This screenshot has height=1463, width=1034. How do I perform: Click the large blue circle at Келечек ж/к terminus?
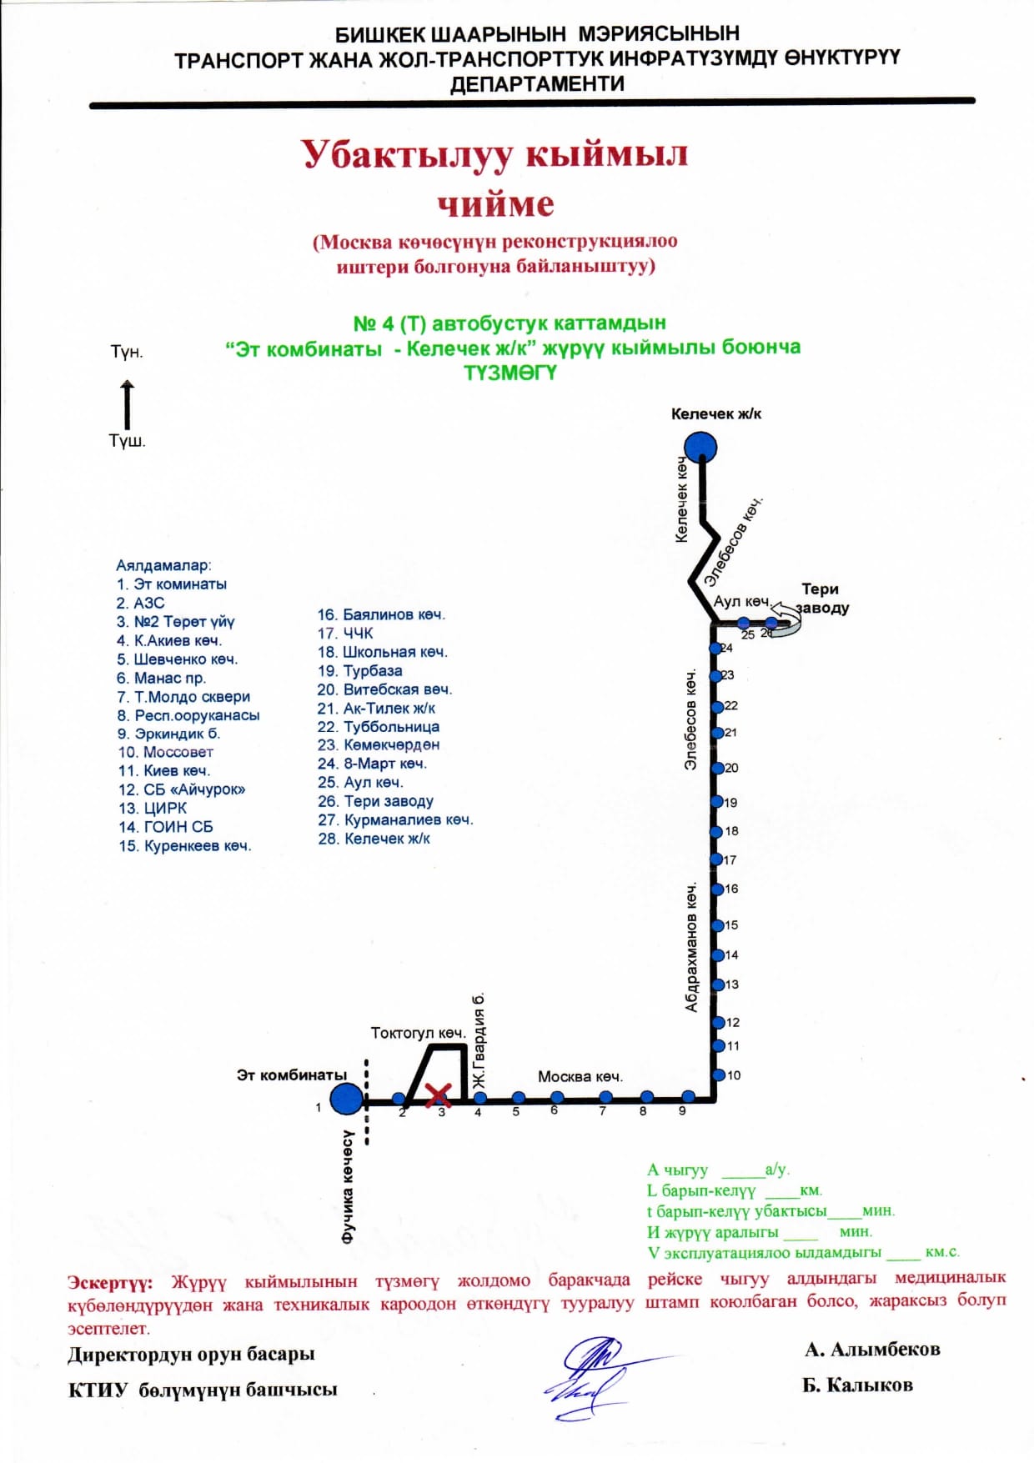click(x=701, y=448)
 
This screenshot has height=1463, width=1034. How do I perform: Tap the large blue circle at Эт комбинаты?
click(x=347, y=1099)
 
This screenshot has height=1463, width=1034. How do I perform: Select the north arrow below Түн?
click(x=127, y=404)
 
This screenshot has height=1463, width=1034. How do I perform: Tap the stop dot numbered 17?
click(x=715, y=859)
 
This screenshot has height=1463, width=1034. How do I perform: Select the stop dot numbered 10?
click(x=717, y=1075)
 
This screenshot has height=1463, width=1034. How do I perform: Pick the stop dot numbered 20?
click(x=716, y=768)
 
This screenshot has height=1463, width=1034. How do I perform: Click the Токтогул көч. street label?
click(x=418, y=1033)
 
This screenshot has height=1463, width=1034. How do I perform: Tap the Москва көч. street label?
click(x=580, y=1076)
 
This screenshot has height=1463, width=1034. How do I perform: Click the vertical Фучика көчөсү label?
click(x=349, y=1187)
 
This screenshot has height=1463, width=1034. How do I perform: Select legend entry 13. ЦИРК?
click(x=153, y=808)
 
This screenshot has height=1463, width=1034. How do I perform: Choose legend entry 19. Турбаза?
click(x=359, y=671)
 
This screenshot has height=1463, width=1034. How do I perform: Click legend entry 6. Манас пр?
click(x=161, y=678)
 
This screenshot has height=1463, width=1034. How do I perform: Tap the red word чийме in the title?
click(x=495, y=203)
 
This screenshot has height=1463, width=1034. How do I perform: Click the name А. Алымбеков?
click(x=872, y=1349)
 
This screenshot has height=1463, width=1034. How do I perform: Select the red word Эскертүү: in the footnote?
click(x=110, y=1282)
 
